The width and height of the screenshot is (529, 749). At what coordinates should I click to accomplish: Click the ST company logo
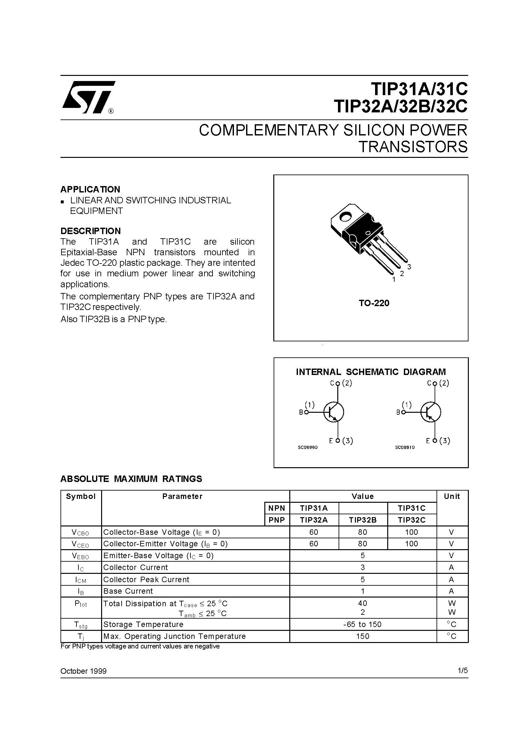click(x=88, y=97)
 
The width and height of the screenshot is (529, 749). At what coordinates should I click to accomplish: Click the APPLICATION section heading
click(x=90, y=189)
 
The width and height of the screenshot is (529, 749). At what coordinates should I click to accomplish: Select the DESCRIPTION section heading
click(x=91, y=231)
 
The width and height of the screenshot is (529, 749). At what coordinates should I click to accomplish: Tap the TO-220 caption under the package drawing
click(x=374, y=303)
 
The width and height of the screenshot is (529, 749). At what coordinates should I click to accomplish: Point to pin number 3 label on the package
click(x=409, y=266)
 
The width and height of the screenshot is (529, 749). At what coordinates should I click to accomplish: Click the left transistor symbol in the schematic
click(x=333, y=412)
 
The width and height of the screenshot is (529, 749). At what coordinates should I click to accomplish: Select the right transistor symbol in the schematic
click(x=430, y=412)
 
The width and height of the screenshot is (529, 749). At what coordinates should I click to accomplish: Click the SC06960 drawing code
click(x=307, y=447)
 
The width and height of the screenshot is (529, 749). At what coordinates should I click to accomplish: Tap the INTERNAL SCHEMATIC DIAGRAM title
click(x=371, y=372)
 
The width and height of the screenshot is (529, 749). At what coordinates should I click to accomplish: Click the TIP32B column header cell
click(x=363, y=520)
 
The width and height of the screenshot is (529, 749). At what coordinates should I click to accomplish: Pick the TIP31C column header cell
click(x=412, y=508)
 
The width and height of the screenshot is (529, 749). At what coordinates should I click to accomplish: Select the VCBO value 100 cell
click(x=412, y=532)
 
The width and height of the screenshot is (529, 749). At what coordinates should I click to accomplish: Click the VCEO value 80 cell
click(x=363, y=543)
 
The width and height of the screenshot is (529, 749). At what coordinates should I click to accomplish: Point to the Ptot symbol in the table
click(x=81, y=604)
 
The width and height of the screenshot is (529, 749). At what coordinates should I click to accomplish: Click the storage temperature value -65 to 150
click(x=363, y=624)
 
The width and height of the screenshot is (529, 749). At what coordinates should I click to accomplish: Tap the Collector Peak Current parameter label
click(x=146, y=579)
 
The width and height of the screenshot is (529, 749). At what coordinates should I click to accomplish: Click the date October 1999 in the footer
click(x=84, y=671)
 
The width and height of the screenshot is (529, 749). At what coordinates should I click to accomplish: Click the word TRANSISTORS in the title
click(x=413, y=147)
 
